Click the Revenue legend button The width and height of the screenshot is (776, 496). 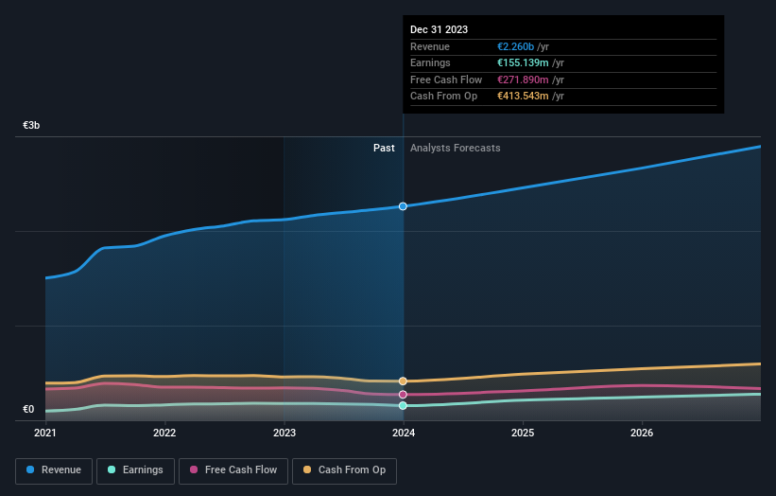54,469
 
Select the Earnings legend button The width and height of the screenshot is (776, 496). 134,469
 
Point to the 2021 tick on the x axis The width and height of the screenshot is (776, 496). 45,434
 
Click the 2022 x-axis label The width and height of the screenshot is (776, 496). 164,434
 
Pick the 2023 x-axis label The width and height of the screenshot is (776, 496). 285,434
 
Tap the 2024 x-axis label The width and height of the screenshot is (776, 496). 404,434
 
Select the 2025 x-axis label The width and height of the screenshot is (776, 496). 523,434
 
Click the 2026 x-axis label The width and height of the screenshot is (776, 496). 642,434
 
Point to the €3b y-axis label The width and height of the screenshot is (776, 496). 32,126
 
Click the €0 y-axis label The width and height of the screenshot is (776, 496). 28,410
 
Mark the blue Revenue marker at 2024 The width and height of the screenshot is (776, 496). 403,206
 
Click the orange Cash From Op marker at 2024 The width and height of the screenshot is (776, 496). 403,381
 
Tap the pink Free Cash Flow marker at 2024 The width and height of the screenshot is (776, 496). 403,395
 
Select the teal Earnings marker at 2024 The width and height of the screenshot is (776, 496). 403,405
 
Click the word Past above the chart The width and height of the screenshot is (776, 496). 384,148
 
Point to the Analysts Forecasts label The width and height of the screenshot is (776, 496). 455,148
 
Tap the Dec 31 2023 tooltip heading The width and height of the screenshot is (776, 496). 439,30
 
